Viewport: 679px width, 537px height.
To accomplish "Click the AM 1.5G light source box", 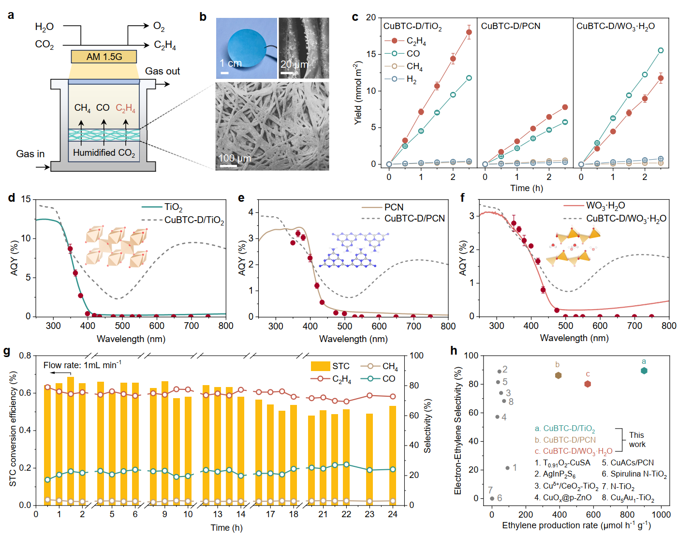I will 104,57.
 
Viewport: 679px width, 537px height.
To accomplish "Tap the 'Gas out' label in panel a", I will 162,71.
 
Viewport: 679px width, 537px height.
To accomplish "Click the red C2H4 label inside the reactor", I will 125,108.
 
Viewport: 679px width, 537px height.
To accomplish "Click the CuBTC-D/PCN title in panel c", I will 510,26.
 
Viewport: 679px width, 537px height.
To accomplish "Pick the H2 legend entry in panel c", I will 411,79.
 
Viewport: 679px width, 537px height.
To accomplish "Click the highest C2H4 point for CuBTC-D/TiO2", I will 469,32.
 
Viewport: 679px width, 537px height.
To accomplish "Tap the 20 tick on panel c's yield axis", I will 370,17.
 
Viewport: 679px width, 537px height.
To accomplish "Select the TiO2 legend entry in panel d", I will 173,208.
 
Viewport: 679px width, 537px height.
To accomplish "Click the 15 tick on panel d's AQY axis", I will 26,199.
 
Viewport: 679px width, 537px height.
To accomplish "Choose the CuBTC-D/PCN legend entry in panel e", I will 414,219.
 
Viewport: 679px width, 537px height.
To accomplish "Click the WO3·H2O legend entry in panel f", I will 605,206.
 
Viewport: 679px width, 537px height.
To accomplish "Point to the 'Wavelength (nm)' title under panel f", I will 574,338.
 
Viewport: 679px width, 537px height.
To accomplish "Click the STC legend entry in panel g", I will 340,366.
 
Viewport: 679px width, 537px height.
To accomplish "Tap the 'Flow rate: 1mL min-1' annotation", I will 82,365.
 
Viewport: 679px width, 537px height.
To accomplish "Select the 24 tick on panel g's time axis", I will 393,514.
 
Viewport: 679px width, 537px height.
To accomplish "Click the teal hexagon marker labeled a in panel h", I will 644,371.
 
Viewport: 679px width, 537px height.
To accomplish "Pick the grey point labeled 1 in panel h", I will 507,468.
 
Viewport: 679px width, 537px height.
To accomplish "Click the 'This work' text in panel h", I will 636,440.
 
